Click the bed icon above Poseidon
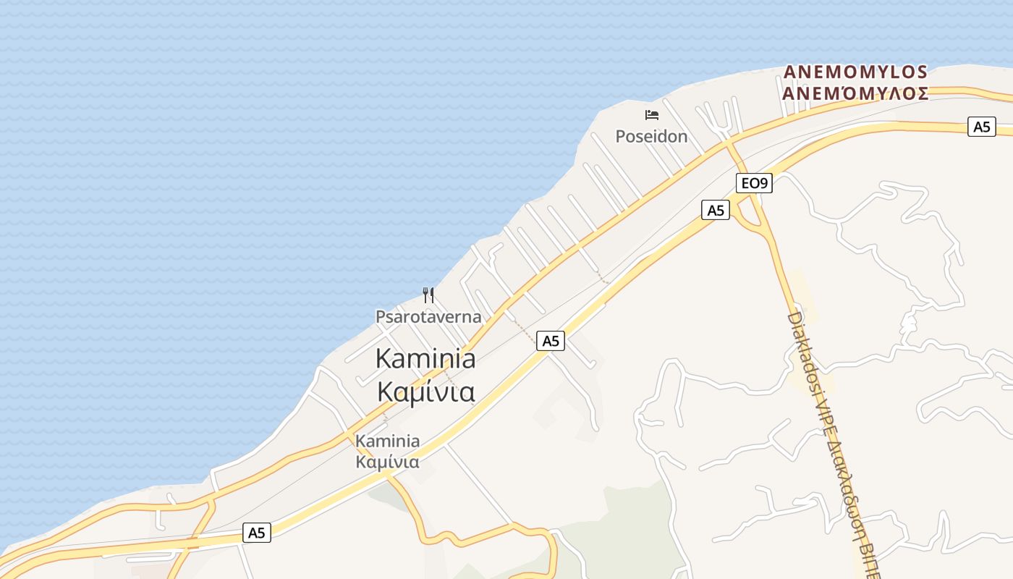coord(651,114)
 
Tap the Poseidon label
coord(651,136)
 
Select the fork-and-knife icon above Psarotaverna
coord(428,295)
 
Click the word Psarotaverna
coord(428,316)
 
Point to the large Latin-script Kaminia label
coord(425,358)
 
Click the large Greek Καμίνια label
coord(425,392)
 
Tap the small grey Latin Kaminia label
coord(387,441)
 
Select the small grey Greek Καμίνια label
coord(387,462)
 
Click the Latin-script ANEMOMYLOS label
coord(855,72)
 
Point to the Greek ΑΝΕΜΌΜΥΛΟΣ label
coord(855,93)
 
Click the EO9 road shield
coord(754,183)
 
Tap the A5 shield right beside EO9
coord(716,210)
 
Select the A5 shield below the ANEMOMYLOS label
coord(981,127)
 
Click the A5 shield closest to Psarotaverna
coord(551,340)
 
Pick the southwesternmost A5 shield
coord(257,533)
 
